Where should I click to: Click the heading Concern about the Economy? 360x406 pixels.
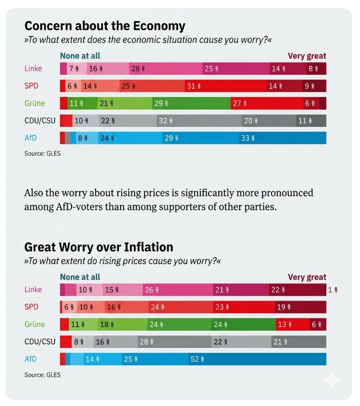pyautogui.click(x=105, y=26)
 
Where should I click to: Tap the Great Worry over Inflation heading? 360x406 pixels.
pyautogui.click(x=98, y=247)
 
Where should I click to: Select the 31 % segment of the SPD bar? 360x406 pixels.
pyautogui.click(x=226, y=86)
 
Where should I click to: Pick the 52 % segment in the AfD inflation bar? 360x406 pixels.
pyautogui.click(x=257, y=359)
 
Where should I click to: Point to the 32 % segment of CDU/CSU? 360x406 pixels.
pyautogui.click(x=199, y=121)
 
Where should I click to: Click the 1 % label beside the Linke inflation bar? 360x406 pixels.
pyautogui.click(x=333, y=290)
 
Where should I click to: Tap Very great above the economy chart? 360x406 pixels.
pyautogui.click(x=307, y=56)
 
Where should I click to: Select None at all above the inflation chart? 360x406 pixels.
pyautogui.click(x=80, y=277)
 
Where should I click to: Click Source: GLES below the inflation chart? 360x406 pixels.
pyautogui.click(x=42, y=375)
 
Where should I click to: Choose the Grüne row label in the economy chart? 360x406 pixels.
pyautogui.click(x=35, y=103)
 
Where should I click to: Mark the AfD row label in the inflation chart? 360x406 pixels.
pyautogui.click(x=30, y=359)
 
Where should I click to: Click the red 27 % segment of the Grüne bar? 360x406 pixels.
pyautogui.click(x=266, y=103)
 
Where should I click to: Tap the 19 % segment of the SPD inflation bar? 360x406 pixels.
pyautogui.click(x=301, y=307)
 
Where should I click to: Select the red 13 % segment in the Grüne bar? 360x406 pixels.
pyautogui.click(x=293, y=324)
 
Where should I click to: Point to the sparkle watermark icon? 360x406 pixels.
pyautogui.click(x=332, y=380)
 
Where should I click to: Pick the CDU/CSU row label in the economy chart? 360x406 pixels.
pyautogui.click(x=40, y=121)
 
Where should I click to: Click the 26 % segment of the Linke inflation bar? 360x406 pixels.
pyautogui.click(x=178, y=290)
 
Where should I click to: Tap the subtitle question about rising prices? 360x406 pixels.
pyautogui.click(x=123, y=261)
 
